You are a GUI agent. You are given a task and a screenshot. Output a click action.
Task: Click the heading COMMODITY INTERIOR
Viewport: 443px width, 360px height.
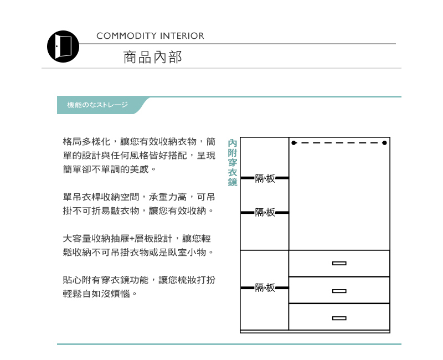(150, 36)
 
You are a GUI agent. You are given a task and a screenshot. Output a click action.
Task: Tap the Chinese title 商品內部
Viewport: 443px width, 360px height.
(152, 57)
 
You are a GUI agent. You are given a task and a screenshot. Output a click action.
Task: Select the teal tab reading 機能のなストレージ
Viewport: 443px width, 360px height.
(97, 105)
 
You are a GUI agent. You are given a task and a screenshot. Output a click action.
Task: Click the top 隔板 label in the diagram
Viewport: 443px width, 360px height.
(265, 178)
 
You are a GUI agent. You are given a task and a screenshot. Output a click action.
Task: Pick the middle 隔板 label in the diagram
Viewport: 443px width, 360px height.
(265, 212)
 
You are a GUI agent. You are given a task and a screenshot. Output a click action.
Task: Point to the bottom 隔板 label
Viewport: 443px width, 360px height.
(265, 288)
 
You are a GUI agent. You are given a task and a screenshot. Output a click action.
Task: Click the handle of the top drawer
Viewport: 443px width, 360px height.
(339, 264)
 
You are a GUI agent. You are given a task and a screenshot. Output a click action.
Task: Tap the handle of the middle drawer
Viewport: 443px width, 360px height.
(339, 291)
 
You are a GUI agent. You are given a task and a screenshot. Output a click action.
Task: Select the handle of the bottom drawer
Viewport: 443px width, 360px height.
(339, 318)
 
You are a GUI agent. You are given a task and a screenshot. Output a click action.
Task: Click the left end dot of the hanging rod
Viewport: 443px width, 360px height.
(294, 143)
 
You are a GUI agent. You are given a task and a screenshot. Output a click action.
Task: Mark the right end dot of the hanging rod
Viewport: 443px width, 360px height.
(384, 143)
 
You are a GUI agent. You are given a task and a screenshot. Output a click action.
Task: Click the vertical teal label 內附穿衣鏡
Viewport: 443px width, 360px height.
(233, 163)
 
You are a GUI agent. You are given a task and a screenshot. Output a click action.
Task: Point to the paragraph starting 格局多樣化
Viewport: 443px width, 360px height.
(139, 155)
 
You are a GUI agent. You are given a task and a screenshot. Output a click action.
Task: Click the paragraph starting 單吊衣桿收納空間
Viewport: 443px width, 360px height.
(139, 204)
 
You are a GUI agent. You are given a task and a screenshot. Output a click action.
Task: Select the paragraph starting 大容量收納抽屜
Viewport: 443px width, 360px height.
(138, 245)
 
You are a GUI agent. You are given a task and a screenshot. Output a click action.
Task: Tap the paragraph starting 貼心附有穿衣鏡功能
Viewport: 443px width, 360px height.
(139, 286)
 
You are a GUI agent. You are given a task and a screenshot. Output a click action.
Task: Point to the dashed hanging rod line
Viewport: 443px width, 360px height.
(339, 143)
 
